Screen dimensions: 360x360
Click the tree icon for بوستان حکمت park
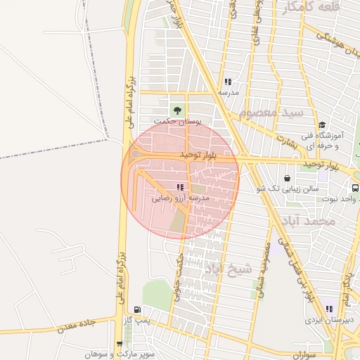coord(176,110)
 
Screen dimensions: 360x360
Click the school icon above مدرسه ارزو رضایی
coord(181,187)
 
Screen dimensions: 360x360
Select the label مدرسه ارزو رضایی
coord(181,199)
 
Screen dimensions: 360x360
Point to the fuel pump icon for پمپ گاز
coord(136,309)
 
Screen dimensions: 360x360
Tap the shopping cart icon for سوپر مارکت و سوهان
coord(120,344)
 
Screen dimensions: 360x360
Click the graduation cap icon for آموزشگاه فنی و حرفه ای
coord(321,124)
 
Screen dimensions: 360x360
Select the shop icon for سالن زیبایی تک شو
coord(287,178)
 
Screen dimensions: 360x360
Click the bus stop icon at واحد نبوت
coord(355,188)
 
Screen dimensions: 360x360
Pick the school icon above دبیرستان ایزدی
coord(328,309)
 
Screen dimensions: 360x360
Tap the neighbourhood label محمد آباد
coord(314,221)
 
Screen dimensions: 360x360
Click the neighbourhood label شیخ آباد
coord(229,268)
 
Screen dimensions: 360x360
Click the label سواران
coord(295,355)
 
